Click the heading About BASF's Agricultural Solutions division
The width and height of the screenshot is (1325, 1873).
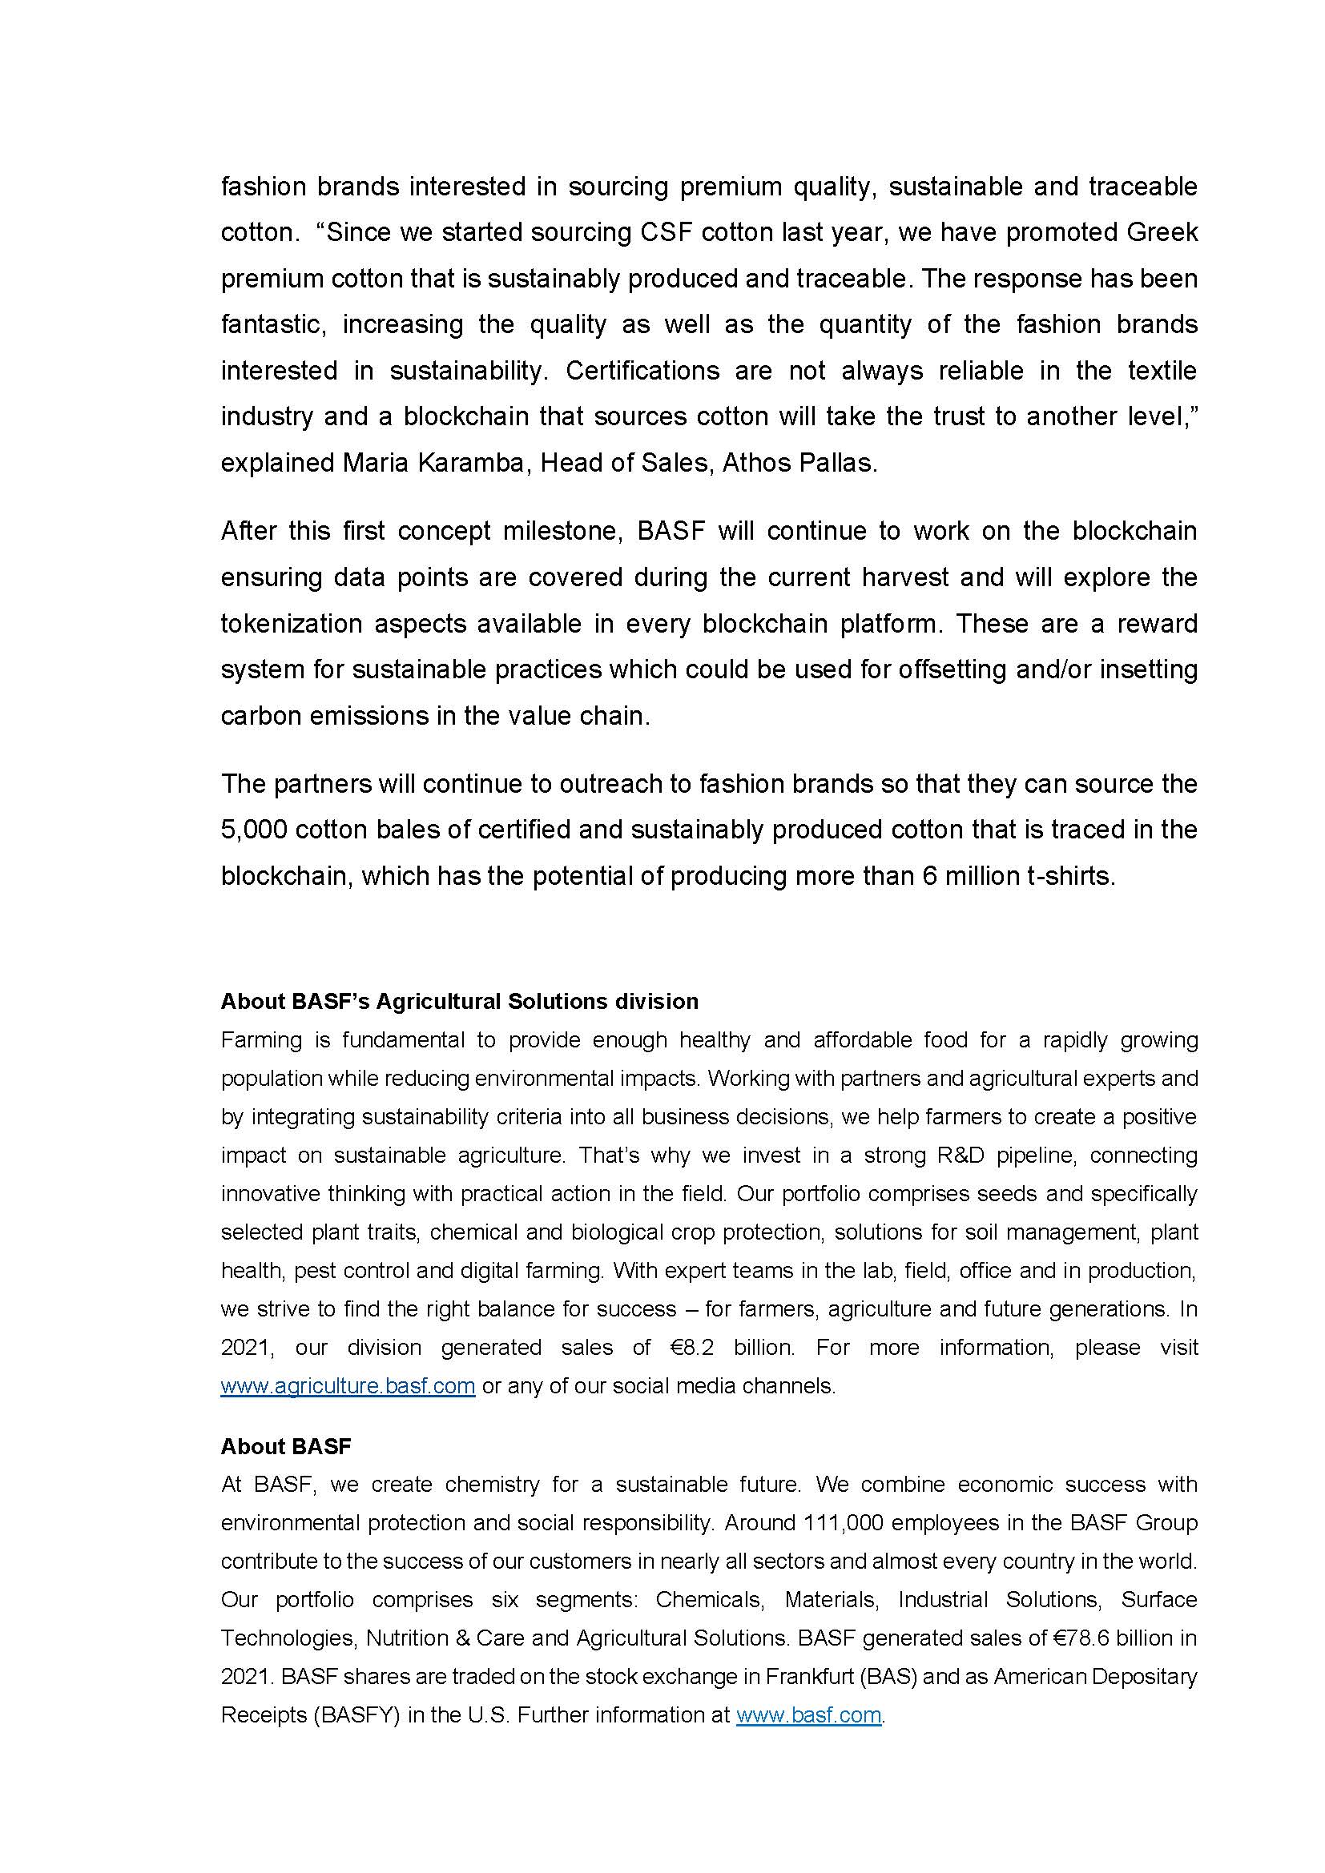pos(459,1001)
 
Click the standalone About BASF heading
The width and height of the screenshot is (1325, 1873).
pos(285,1446)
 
